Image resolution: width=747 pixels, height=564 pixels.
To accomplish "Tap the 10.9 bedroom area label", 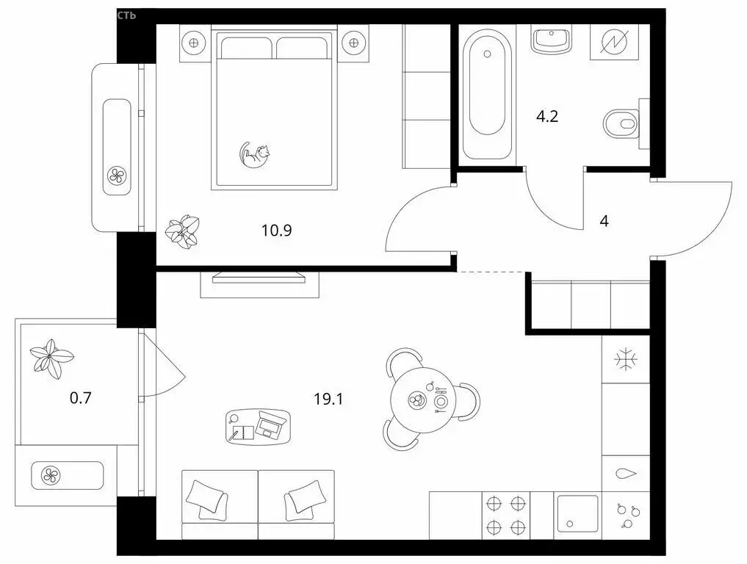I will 276,230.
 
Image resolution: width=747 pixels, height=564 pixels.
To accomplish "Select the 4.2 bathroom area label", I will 546,116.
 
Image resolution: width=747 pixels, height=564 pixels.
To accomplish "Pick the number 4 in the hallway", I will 604,221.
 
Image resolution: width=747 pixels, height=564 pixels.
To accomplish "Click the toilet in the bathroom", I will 621,123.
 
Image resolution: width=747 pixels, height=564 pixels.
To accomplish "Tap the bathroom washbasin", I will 552,39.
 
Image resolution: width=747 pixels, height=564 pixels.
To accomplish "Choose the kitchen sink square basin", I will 577,513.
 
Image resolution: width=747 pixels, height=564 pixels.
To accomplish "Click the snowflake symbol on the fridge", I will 626,360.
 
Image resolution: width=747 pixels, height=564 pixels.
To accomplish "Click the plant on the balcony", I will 51,358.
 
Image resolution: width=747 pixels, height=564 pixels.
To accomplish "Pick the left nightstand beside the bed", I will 194,42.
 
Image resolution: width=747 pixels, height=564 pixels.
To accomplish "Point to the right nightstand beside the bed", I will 354,42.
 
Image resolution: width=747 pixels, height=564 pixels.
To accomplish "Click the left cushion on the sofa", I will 206,497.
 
